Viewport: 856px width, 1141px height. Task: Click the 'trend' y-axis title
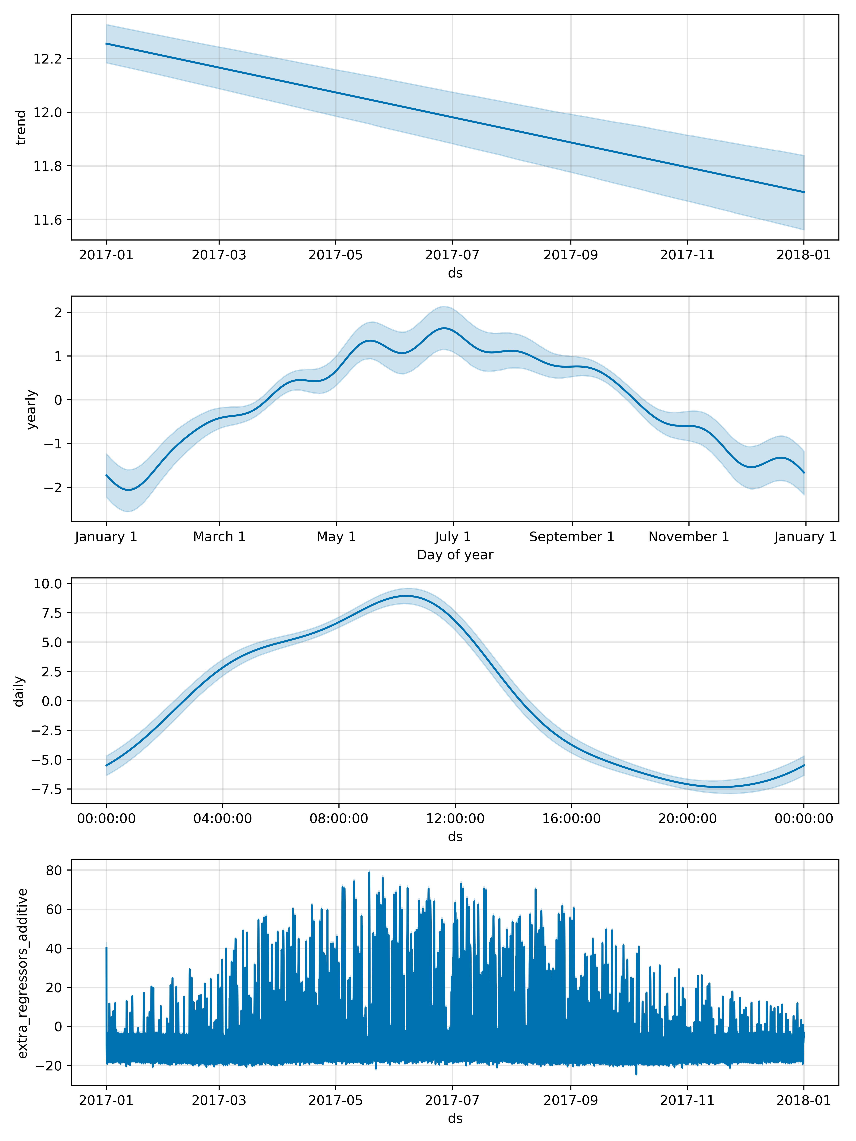[x=21, y=127]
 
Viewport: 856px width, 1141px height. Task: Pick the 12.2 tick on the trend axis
[x=48, y=59]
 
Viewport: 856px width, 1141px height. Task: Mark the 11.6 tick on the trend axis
[x=48, y=220]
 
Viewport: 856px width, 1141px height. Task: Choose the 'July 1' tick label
[x=453, y=537]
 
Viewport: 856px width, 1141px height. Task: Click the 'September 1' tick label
[x=571, y=537]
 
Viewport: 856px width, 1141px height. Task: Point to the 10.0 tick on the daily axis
[x=48, y=584]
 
